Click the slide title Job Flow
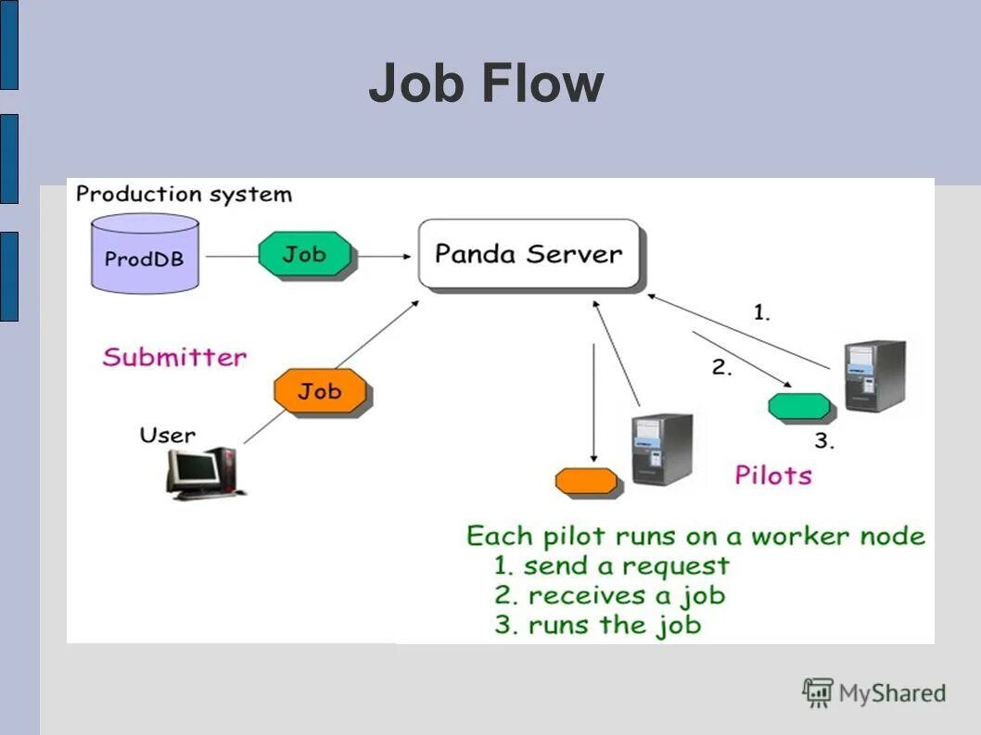(486, 83)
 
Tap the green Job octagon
(305, 254)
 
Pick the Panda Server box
(529, 254)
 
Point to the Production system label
(184, 195)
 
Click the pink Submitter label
(174, 357)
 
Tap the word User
(168, 435)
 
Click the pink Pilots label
(773, 475)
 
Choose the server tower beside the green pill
(873, 376)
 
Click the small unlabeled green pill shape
(799, 406)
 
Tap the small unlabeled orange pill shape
(587, 481)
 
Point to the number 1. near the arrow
(760, 313)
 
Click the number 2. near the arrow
(721, 367)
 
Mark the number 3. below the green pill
(824, 441)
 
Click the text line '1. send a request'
(612, 565)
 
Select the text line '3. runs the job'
(597, 625)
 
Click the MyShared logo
(873, 692)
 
